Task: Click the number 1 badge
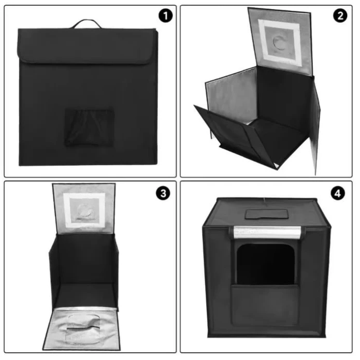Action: click(x=166, y=16)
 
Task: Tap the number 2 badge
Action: click(x=340, y=16)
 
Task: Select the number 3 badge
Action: click(x=163, y=193)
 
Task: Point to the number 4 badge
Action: click(x=338, y=193)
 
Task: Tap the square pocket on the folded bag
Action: click(x=89, y=127)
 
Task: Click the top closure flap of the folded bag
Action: click(x=87, y=46)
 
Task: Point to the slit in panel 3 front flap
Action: click(x=83, y=329)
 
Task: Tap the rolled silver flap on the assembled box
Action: click(x=267, y=232)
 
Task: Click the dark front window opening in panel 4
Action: click(x=266, y=264)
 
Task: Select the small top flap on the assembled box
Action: click(x=267, y=214)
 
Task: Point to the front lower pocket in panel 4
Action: click(x=265, y=305)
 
